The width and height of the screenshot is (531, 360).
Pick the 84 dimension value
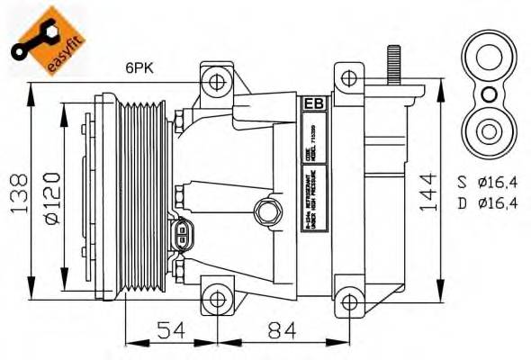(283, 330)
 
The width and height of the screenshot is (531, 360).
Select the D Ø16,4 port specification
(485, 203)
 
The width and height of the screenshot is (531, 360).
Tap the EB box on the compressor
(315, 103)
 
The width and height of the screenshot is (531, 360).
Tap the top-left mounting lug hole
(216, 85)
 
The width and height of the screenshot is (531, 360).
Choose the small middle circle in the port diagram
(488, 94)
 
